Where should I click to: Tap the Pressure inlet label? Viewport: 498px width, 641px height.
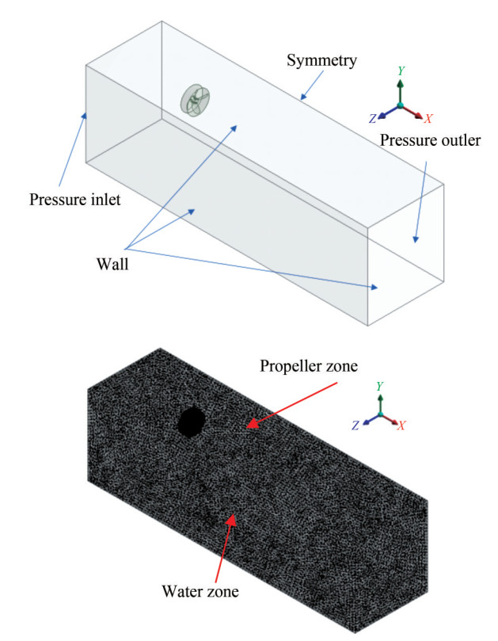coord(75,199)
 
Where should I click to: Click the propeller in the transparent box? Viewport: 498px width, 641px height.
coord(196,100)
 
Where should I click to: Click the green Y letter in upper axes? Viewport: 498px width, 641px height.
coord(401,71)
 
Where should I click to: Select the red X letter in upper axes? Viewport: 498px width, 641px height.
coord(428,118)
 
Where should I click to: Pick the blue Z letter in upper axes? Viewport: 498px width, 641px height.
coord(372,119)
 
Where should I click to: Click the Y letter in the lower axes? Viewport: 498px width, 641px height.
coord(381,386)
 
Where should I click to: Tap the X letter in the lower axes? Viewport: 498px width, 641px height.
coord(402,425)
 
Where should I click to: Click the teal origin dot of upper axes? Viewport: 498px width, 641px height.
coord(401,105)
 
